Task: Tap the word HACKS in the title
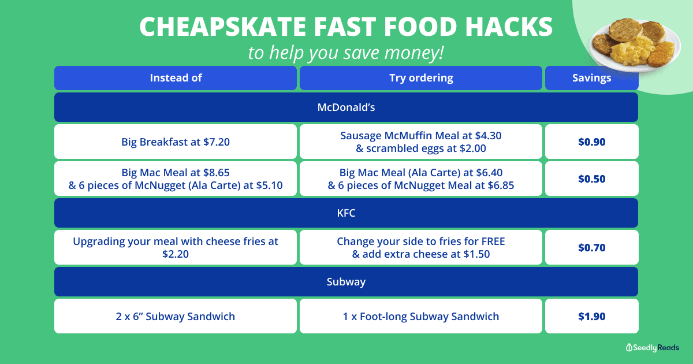click(509, 27)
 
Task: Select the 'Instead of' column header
click(176, 77)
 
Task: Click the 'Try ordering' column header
click(421, 77)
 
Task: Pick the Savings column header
click(591, 77)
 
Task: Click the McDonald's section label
click(346, 107)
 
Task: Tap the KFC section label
click(346, 213)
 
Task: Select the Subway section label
click(346, 282)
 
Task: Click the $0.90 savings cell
click(591, 142)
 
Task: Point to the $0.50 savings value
click(591, 179)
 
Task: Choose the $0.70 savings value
click(591, 248)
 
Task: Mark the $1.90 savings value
click(591, 317)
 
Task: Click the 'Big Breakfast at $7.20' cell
click(176, 142)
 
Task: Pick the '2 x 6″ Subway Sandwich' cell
click(176, 316)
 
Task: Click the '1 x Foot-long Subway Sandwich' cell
click(421, 316)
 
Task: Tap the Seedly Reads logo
click(652, 348)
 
